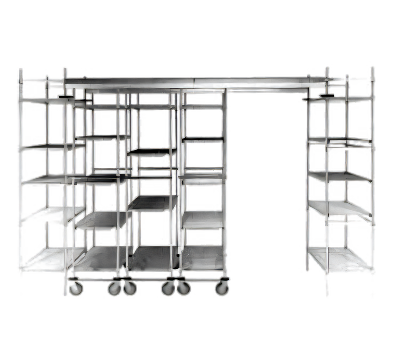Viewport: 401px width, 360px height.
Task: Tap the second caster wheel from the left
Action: (114, 288)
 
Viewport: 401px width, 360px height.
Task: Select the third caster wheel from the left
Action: (130, 288)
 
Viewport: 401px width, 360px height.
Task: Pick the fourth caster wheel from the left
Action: (168, 288)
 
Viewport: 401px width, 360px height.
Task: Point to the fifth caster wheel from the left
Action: (183, 288)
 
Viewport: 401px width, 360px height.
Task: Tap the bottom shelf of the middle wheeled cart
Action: (149, 258)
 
